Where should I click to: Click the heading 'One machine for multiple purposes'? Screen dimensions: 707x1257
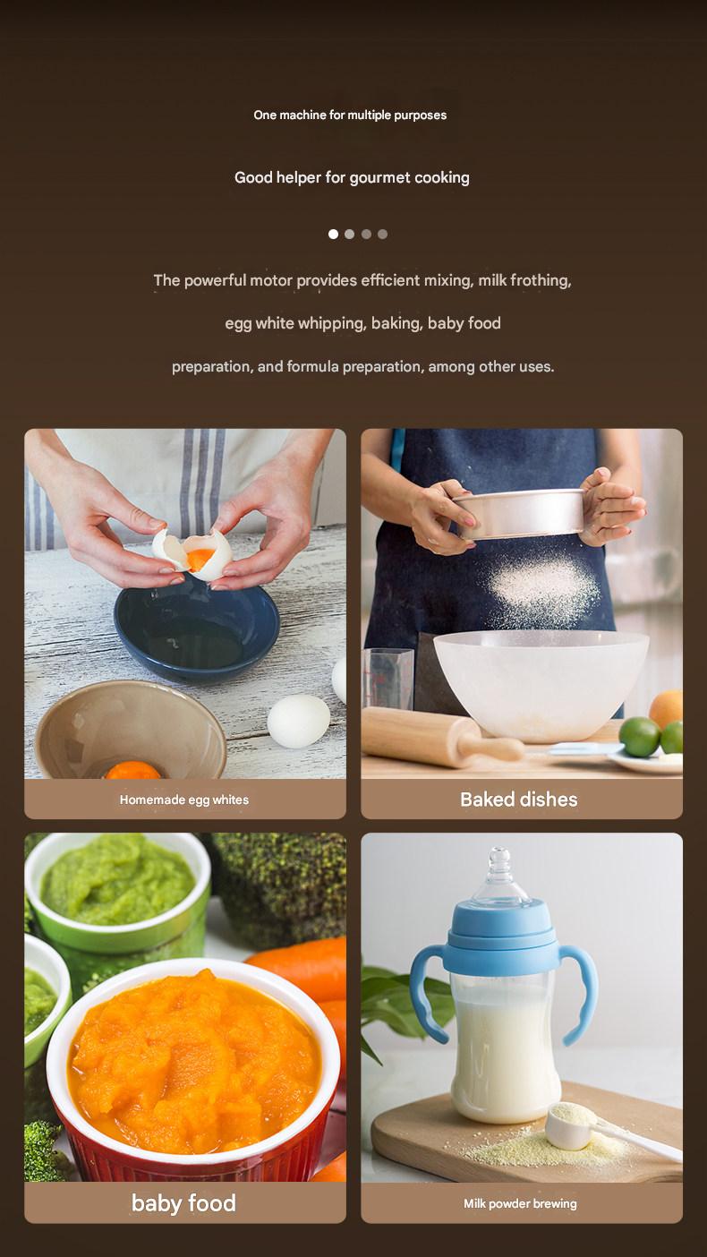[x=350, y=115]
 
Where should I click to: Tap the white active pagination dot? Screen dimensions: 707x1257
[x=333, y=234]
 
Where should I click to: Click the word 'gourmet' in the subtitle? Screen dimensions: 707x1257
[x=379, y=178]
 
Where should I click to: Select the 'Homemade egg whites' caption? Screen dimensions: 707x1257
[x=184, y=800]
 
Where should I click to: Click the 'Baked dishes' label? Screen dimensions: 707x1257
[x=519, y=800]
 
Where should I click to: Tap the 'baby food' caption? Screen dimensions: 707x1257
[x=184, y=1202]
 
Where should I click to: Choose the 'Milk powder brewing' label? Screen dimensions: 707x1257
[x=520, y=1203]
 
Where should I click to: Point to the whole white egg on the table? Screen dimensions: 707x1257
[x=299, y=721]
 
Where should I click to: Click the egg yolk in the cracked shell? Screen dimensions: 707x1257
[x=200, y=558]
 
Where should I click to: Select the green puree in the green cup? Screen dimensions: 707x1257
[x=116, y=880]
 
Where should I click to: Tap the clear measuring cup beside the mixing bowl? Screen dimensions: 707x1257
[x=388, y=678]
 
